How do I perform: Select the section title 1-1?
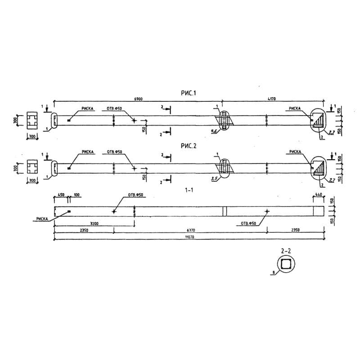point(189,190)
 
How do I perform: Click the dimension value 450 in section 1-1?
point(61,195)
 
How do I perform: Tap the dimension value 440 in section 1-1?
point(319,195)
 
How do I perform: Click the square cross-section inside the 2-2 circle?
point(286,264)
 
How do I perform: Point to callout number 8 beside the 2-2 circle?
point(273,272)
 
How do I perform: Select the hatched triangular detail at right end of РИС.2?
point(319,168)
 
